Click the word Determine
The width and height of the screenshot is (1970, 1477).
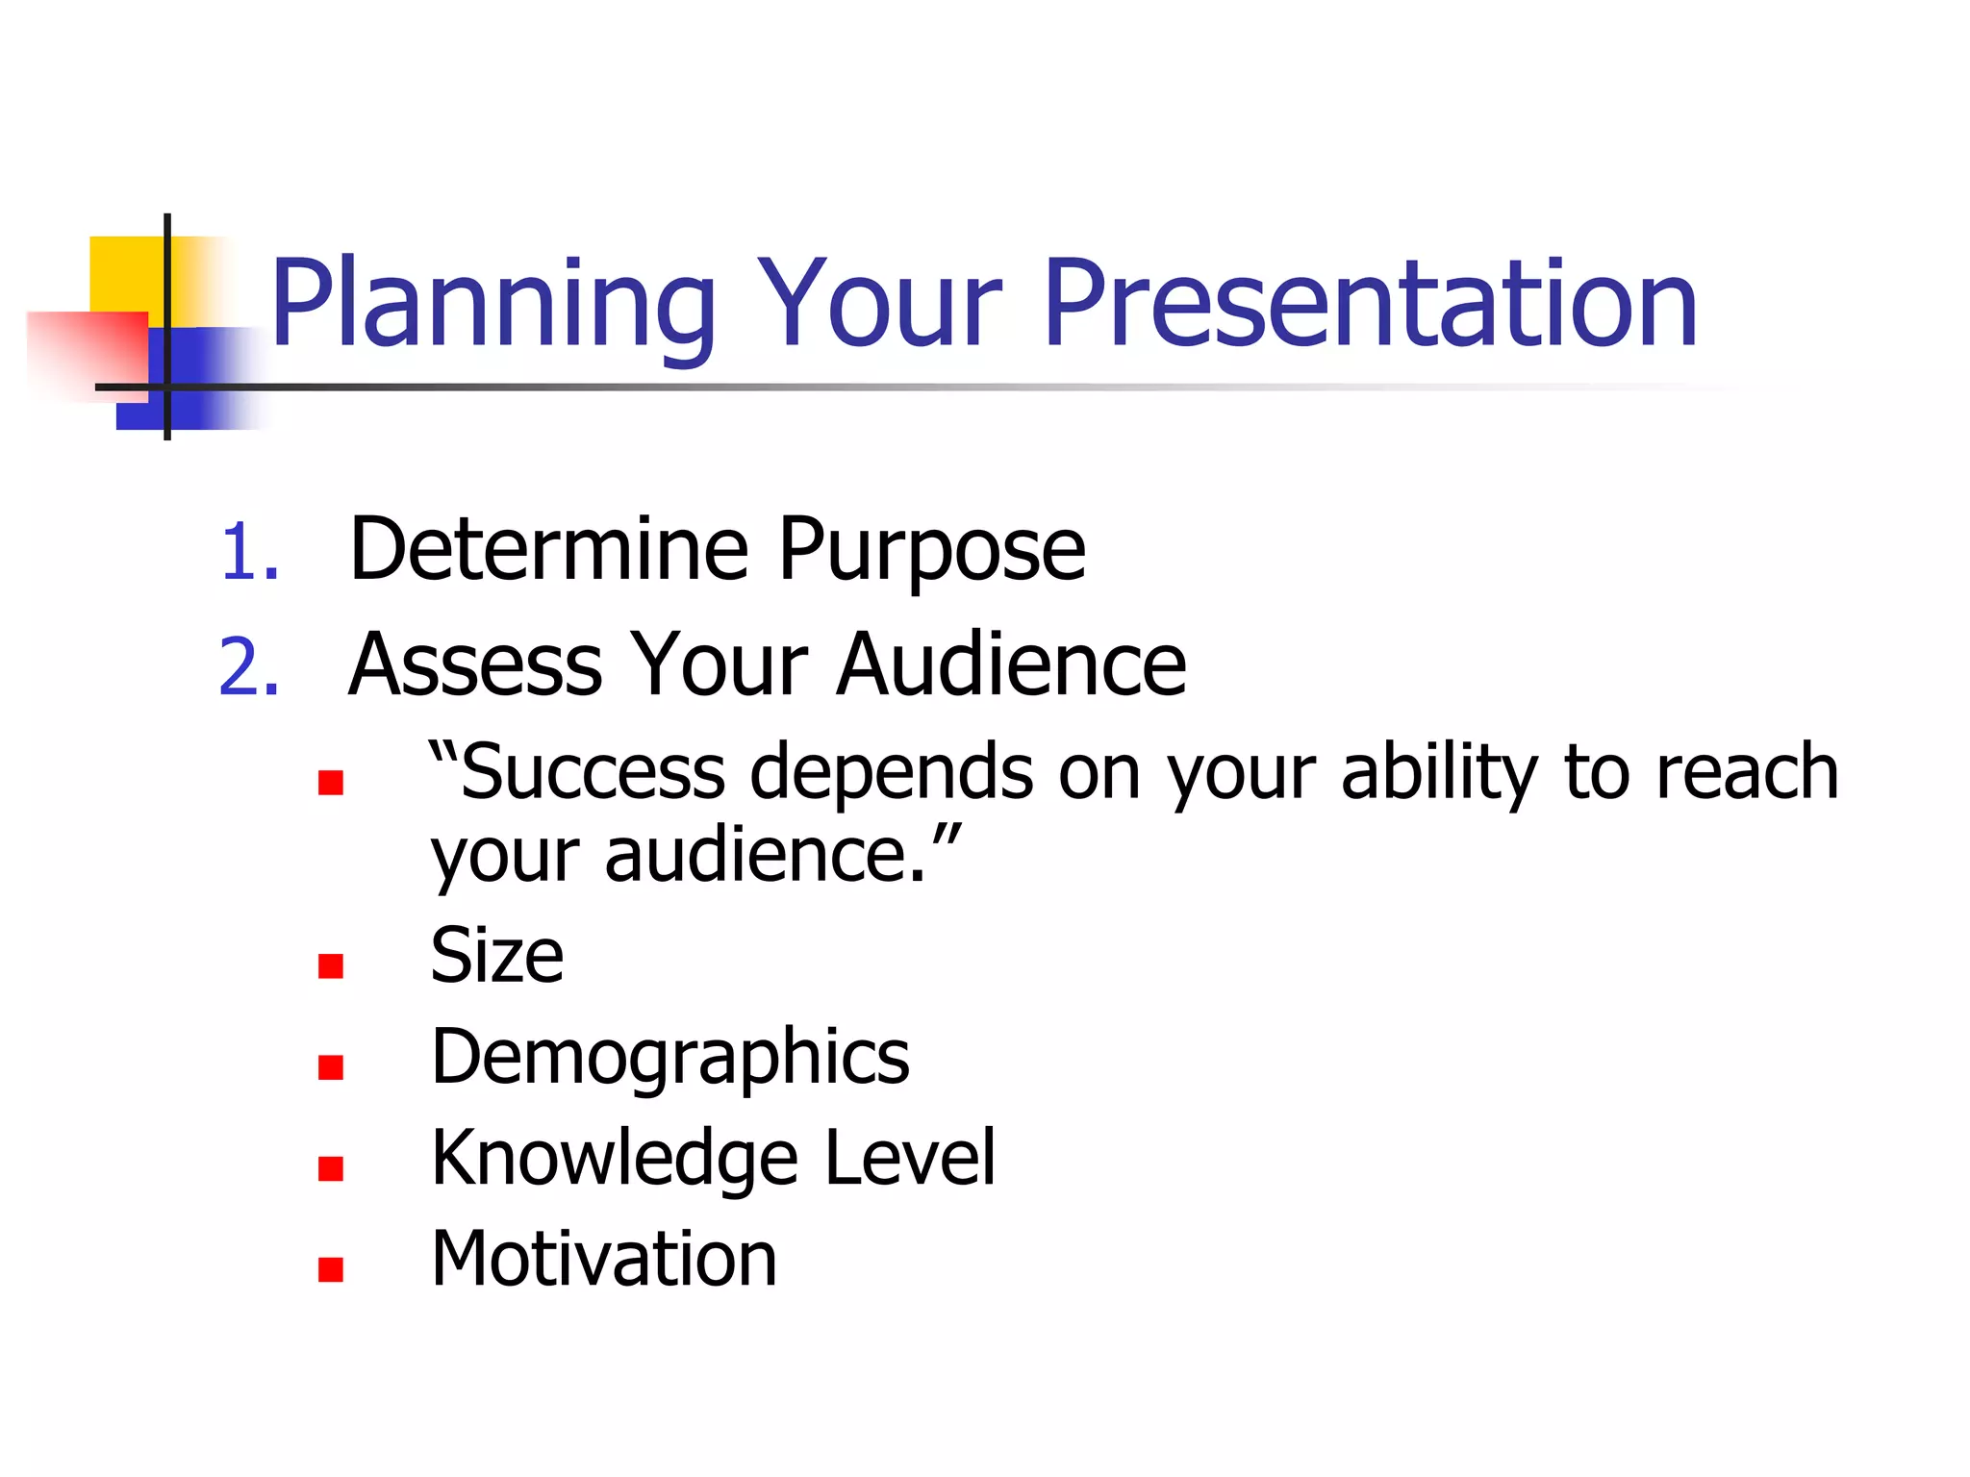tap(548, 550)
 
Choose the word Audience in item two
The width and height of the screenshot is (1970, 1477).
tap(1011, 664)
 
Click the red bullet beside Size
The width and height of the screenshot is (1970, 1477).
tap(331, 965)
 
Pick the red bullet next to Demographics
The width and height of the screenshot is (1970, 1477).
tap(331, 1067)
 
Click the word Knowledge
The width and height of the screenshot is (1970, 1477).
tap(614, 1160)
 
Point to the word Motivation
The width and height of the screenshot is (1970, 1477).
tap(603, 1259)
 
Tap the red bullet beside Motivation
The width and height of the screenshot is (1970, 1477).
tap(331, 1270)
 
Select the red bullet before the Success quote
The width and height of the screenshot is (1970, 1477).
tap(331, 783)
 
